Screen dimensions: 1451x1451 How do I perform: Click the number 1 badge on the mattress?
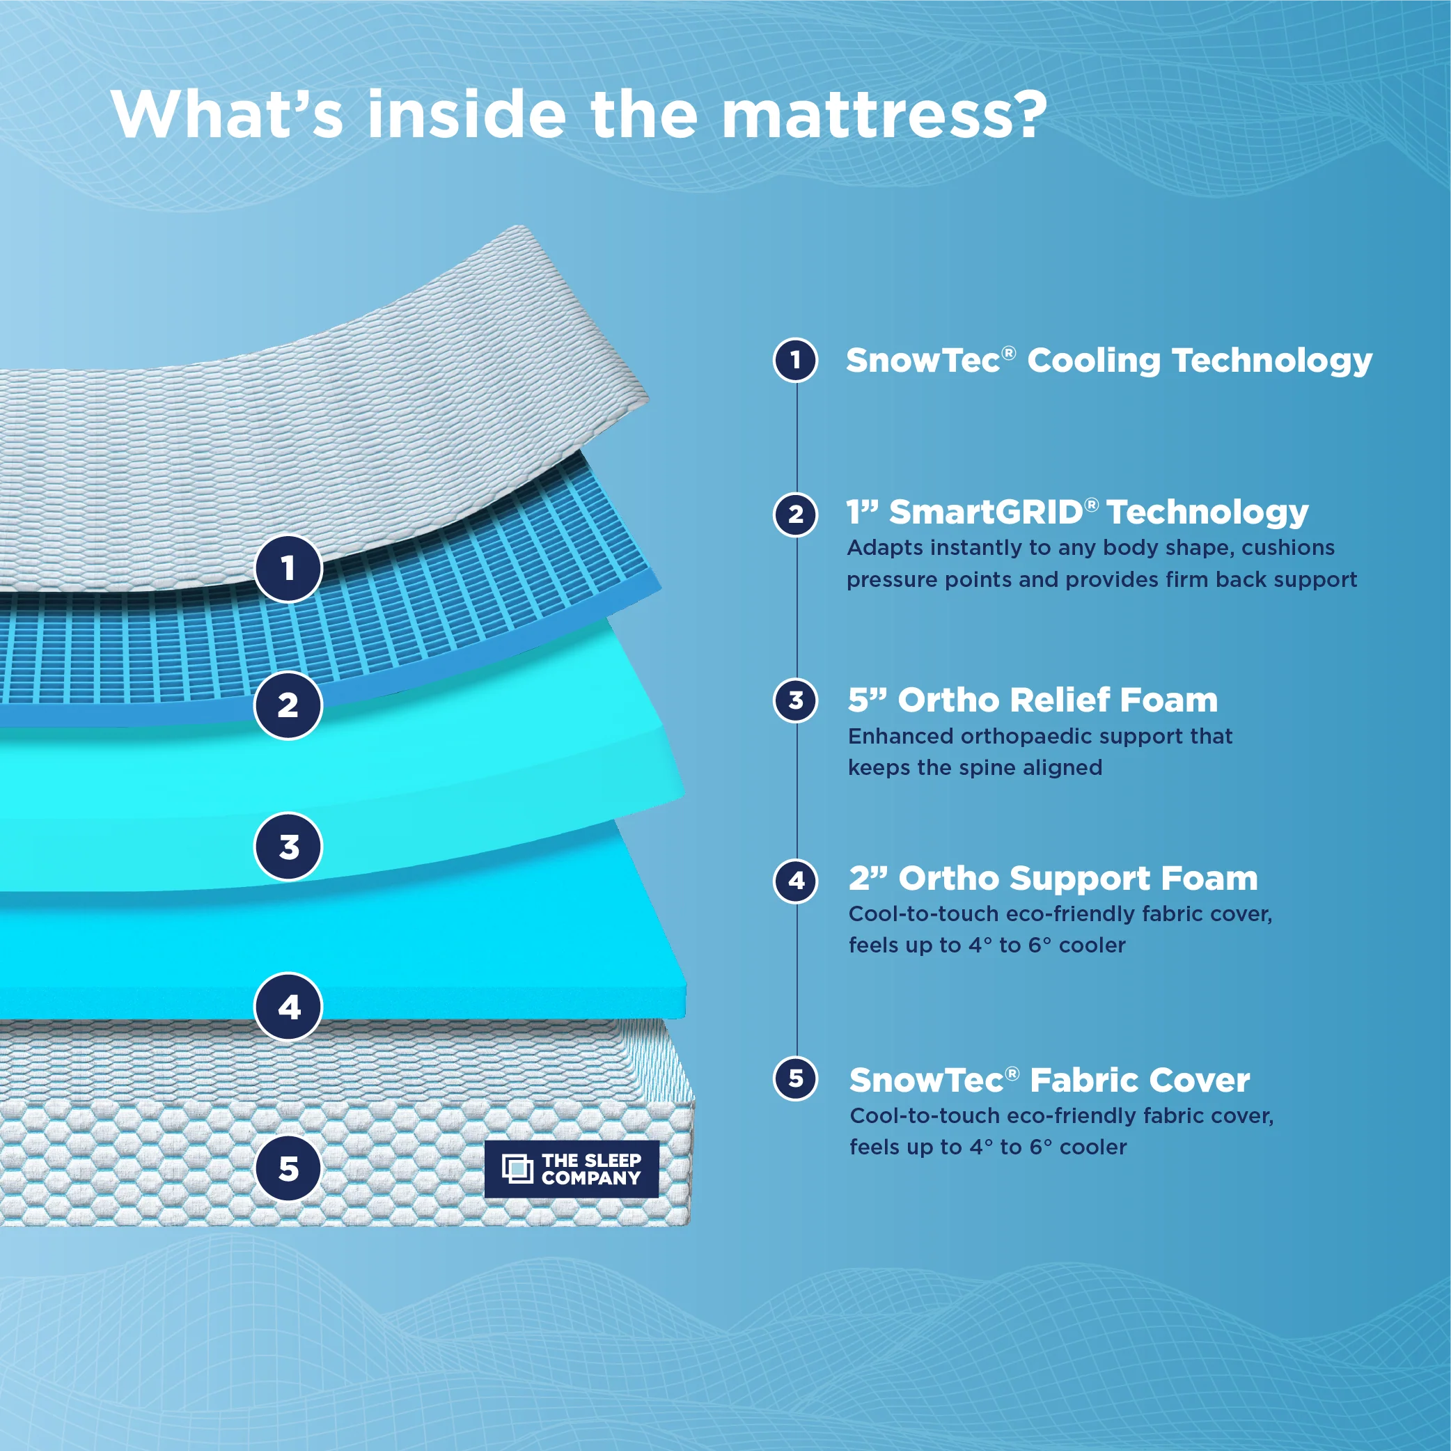[x=288, y=569]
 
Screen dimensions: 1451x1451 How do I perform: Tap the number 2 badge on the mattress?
[x=288, y=705]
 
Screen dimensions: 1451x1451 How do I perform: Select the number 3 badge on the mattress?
[x=288, y=847]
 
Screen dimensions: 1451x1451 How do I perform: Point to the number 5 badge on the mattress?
[x=288, y=1168]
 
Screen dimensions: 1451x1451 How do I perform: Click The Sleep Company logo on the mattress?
[x=572, y=1168]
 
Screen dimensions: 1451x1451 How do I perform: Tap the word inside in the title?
[x=466, y=115]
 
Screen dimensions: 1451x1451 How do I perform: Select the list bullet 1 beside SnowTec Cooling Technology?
[x=796, y=361]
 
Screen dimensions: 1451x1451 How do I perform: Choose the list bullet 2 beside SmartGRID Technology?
[x=796, y=515]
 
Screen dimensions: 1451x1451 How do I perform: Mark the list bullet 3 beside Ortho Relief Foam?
[x=796, y=700]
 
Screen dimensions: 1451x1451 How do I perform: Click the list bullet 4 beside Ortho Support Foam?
[x=796, y=880]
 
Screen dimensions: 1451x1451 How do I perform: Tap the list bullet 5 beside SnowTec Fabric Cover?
[x=796, y=1079]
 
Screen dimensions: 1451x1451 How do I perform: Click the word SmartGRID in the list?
[x=985, y=513]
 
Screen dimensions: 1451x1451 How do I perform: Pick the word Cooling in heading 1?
[x=1094, y=361]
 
